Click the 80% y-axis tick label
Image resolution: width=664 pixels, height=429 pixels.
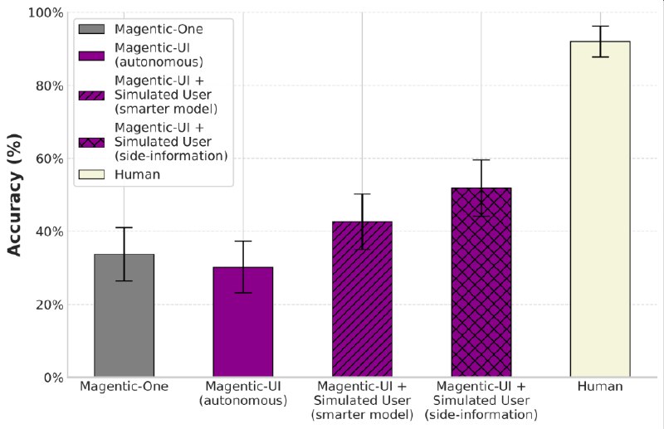coord(47,86)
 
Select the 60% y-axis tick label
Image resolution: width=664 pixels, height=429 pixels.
coord(47,158)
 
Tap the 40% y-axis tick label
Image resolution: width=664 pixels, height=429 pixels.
coord(47,232)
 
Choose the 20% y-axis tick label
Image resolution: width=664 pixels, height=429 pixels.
coord(47,305)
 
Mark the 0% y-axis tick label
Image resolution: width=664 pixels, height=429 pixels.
coord(51,378)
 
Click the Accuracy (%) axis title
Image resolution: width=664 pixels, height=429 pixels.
coord(14,195)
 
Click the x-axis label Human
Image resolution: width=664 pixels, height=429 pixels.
coord(600,388)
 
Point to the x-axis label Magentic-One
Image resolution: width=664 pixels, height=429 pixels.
coord(124,388)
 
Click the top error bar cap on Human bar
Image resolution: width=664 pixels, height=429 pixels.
coord(600,27)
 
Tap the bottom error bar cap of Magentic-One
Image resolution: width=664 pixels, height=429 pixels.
coord(124,281)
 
